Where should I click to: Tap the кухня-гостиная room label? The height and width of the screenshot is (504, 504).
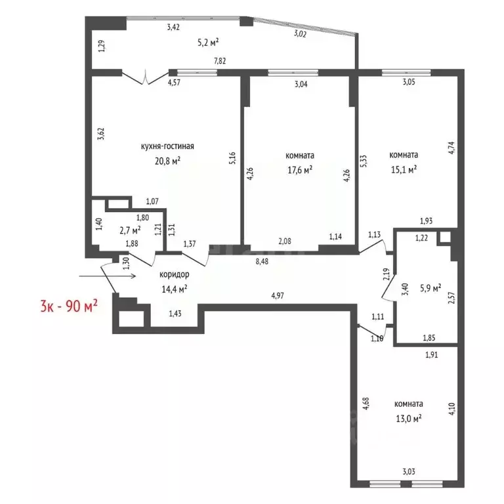point(167,146)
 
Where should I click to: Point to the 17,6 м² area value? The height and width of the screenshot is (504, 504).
point(299,169)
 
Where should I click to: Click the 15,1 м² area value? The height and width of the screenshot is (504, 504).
point(404,169)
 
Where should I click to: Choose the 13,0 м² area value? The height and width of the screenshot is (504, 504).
point(408,417)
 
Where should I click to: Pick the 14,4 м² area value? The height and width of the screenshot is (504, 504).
point(175,288)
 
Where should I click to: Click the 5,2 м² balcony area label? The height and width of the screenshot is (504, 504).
point(207,42)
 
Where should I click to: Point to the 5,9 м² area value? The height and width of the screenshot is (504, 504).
point(429,287)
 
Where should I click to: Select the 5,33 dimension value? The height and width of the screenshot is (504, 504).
point(364,161)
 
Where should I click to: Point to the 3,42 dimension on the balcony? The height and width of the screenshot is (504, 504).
point(173,27)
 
